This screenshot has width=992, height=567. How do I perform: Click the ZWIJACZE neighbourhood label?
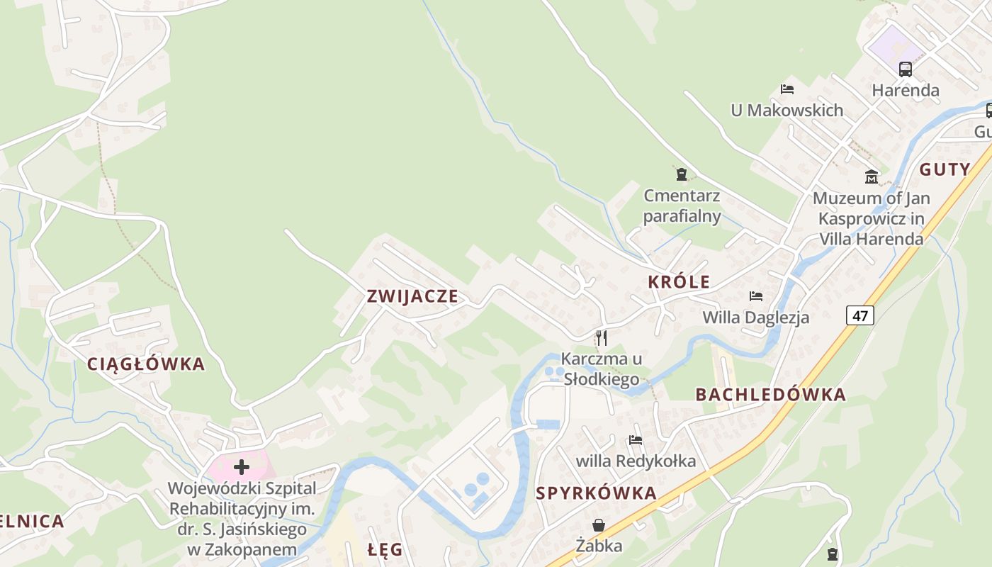pos(412,296)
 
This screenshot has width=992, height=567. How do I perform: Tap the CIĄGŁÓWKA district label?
pos(146,364)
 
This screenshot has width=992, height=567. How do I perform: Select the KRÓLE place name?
pos(679,282)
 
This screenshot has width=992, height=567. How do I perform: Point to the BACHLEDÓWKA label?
pos(771,395)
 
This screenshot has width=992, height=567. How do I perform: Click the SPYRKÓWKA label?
pos(597,493)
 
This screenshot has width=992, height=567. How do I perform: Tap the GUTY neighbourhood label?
pos(945,169)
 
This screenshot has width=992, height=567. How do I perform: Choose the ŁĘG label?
pos(385,549)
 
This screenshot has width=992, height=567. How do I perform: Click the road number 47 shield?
pos(859,315)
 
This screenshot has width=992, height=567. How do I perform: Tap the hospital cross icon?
pos(242,467)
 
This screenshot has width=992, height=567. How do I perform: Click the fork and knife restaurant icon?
pos(602,337)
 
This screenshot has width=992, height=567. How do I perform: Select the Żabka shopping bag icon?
pos(599,525)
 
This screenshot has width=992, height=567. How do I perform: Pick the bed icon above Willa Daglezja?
pos(756,296)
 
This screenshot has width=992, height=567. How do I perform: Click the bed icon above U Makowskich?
pos(787,89)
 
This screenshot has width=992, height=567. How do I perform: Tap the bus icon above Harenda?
pos(906,69)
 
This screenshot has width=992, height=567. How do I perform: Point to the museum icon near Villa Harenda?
pos(872,176)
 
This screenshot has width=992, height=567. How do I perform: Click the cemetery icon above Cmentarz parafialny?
pos(682,174)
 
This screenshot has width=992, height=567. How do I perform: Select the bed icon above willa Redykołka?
pos(636,440)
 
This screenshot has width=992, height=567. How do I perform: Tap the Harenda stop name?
pos(906,91)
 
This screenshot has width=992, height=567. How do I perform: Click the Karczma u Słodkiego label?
pos(602,369)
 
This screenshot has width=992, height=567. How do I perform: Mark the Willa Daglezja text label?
pos(755,317)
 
